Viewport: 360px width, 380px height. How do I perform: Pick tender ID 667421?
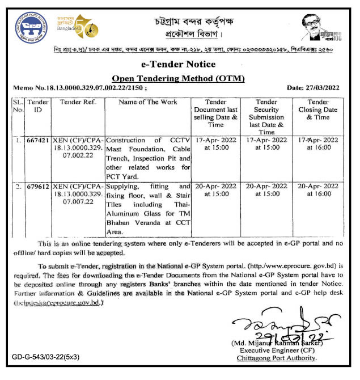(x=38, y=140)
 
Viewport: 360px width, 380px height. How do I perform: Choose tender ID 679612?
(x=38, y=186)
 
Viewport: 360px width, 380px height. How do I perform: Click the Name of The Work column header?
(x=149, y=102)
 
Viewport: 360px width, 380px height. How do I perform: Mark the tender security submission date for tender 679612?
(x=266, y=190)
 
